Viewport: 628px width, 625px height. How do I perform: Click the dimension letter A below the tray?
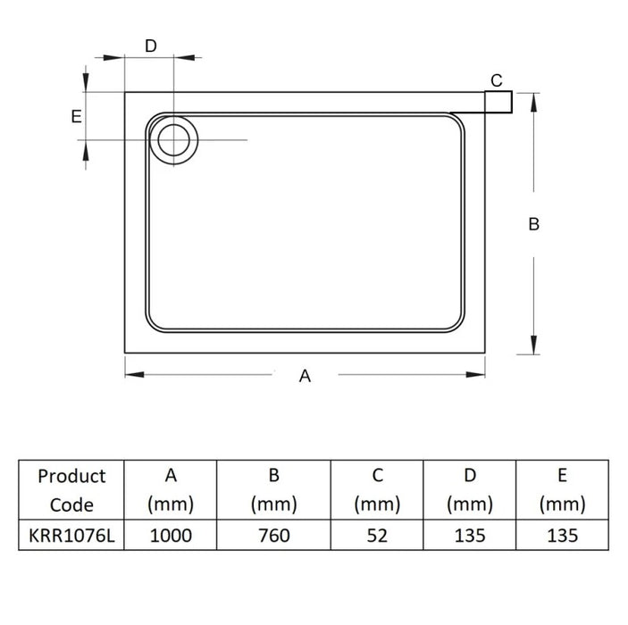(x=305, y=376)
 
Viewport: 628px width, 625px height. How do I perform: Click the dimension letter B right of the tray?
(x=534, y=224)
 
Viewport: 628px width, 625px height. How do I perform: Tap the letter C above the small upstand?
(x=497, y=80)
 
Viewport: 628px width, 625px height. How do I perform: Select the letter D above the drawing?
(x=151, y=46)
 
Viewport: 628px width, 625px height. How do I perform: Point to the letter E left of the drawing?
(x=76, y=116)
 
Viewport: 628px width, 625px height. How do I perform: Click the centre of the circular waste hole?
(x=173, y=140)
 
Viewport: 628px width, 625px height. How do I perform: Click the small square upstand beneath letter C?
(x=498, y=102)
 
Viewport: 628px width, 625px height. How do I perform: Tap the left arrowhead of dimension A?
(x=135, y=375)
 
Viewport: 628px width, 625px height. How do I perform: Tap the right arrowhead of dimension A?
(x=475, y=375)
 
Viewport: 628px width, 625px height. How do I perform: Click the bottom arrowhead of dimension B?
(x=533, y=345)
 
